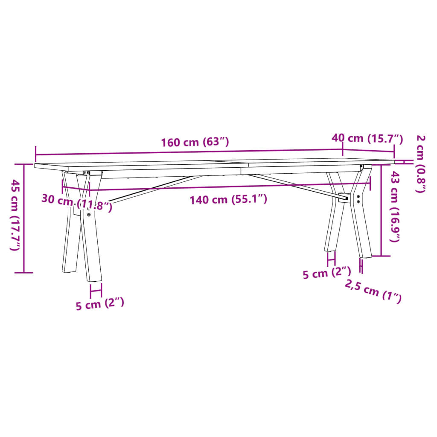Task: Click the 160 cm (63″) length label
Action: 195,143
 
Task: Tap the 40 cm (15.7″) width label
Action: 367,138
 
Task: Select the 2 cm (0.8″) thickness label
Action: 420,163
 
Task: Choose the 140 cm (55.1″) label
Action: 229,199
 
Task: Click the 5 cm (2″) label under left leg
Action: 100,305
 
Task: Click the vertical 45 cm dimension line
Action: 24,218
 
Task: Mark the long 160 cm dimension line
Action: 188,152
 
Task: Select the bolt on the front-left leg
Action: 89,215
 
